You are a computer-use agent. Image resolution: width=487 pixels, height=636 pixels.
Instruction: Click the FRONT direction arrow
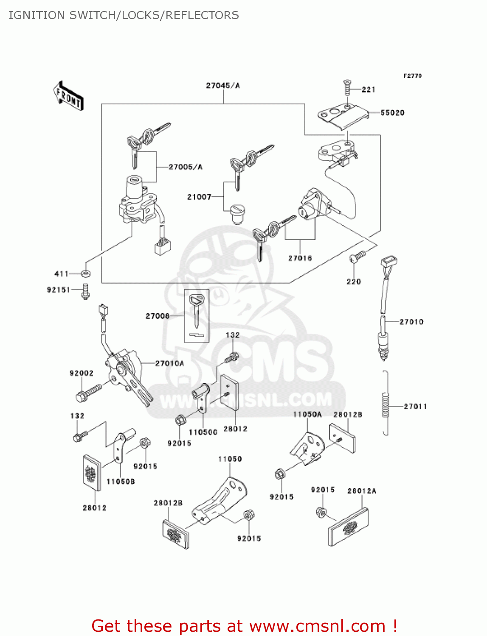68,96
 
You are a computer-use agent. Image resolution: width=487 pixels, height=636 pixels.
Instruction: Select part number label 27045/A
223,86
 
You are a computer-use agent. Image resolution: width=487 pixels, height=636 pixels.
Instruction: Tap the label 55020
392,113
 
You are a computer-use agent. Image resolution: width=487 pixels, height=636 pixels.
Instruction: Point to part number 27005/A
186,167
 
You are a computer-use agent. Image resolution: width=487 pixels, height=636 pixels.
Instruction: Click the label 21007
199,197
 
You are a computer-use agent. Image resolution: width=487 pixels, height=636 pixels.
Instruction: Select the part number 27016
300,258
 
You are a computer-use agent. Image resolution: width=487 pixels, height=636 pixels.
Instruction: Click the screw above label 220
357,257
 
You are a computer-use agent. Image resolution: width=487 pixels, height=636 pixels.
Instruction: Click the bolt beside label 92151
86,291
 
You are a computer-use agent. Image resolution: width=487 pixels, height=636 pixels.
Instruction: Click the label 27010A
170,363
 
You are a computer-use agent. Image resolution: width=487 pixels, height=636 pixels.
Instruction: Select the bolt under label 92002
88,392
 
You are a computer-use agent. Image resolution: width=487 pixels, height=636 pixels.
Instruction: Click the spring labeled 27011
385,403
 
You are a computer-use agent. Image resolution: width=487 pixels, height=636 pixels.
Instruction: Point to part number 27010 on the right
411,322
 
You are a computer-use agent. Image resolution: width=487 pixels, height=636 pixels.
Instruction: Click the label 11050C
203,432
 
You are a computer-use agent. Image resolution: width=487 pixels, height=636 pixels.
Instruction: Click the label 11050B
121,482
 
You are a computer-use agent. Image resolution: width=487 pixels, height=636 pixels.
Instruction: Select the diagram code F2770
412,76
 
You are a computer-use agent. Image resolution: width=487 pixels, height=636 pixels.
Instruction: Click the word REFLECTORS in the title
202,15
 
